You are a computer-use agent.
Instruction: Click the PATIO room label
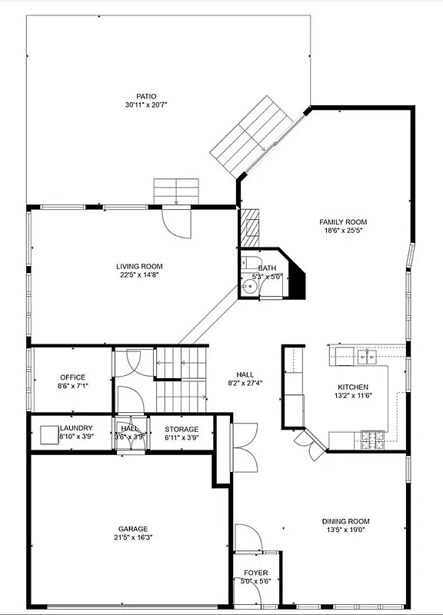(x=146, y=95)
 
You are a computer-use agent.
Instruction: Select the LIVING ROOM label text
(x=140, y=266)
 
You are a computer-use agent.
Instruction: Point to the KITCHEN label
(x=353, y=387)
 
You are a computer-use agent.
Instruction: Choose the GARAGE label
(x=133, y=529)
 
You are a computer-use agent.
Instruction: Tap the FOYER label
(x=256, y=573)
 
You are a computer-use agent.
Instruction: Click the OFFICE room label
(x=73, y=377)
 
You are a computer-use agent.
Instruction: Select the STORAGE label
(x=182, y=429)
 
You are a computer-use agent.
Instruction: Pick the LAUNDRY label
(x=76, y=428)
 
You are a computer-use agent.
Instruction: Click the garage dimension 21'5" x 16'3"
(x=133, y=538)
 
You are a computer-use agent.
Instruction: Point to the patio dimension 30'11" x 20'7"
(x=146, y=105)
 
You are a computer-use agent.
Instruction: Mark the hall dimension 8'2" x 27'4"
(x=245, y=383)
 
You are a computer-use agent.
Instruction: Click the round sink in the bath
(x=248, y=287)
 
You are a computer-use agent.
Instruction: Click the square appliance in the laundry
(x=50, y=433)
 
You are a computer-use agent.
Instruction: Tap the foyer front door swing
(x=248, y=538)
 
